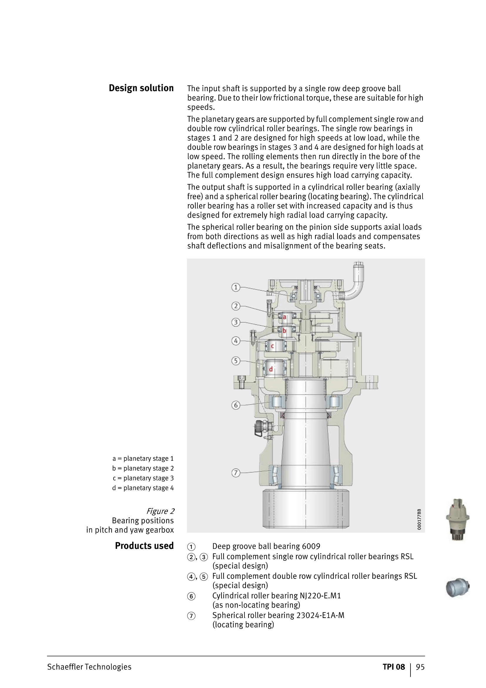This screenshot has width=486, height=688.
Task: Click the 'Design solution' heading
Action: [x=141, y=88]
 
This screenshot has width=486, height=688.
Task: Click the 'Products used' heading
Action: [x=144, y=546]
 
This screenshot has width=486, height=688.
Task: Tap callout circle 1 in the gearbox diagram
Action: [x=236, y=287]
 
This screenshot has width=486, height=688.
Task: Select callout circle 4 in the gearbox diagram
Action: [x=236, y=341]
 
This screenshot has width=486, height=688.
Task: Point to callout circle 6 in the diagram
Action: [x=236, y=405]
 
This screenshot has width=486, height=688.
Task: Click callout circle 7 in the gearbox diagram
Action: [x=236, y=473]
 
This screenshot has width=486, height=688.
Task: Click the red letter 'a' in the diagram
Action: [x=285, y=317]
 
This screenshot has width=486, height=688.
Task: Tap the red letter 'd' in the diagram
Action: [x=271, y=369]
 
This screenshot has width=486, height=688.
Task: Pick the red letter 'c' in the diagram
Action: [x=272, y=346]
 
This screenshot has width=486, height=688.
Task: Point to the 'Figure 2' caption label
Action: [x=160, y=511]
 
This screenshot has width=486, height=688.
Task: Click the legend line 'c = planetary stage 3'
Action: [x=143, y=478]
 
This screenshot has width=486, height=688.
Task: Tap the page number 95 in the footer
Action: [x=420, y=667]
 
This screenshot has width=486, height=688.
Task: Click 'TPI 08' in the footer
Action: [x=393, y=667]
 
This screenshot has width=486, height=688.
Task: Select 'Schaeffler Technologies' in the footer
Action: [x=89, y=667]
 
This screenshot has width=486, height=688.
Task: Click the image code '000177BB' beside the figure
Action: [x=419, y=519]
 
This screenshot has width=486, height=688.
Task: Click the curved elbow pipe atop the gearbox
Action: [x=356, y=285]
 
